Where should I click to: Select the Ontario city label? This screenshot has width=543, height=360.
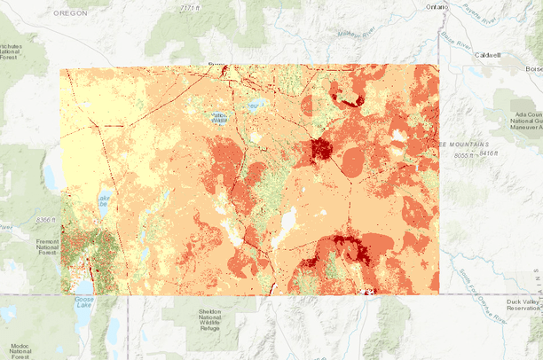click(x=437, y=7)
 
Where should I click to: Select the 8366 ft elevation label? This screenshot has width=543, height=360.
click(x=37, y=219)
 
